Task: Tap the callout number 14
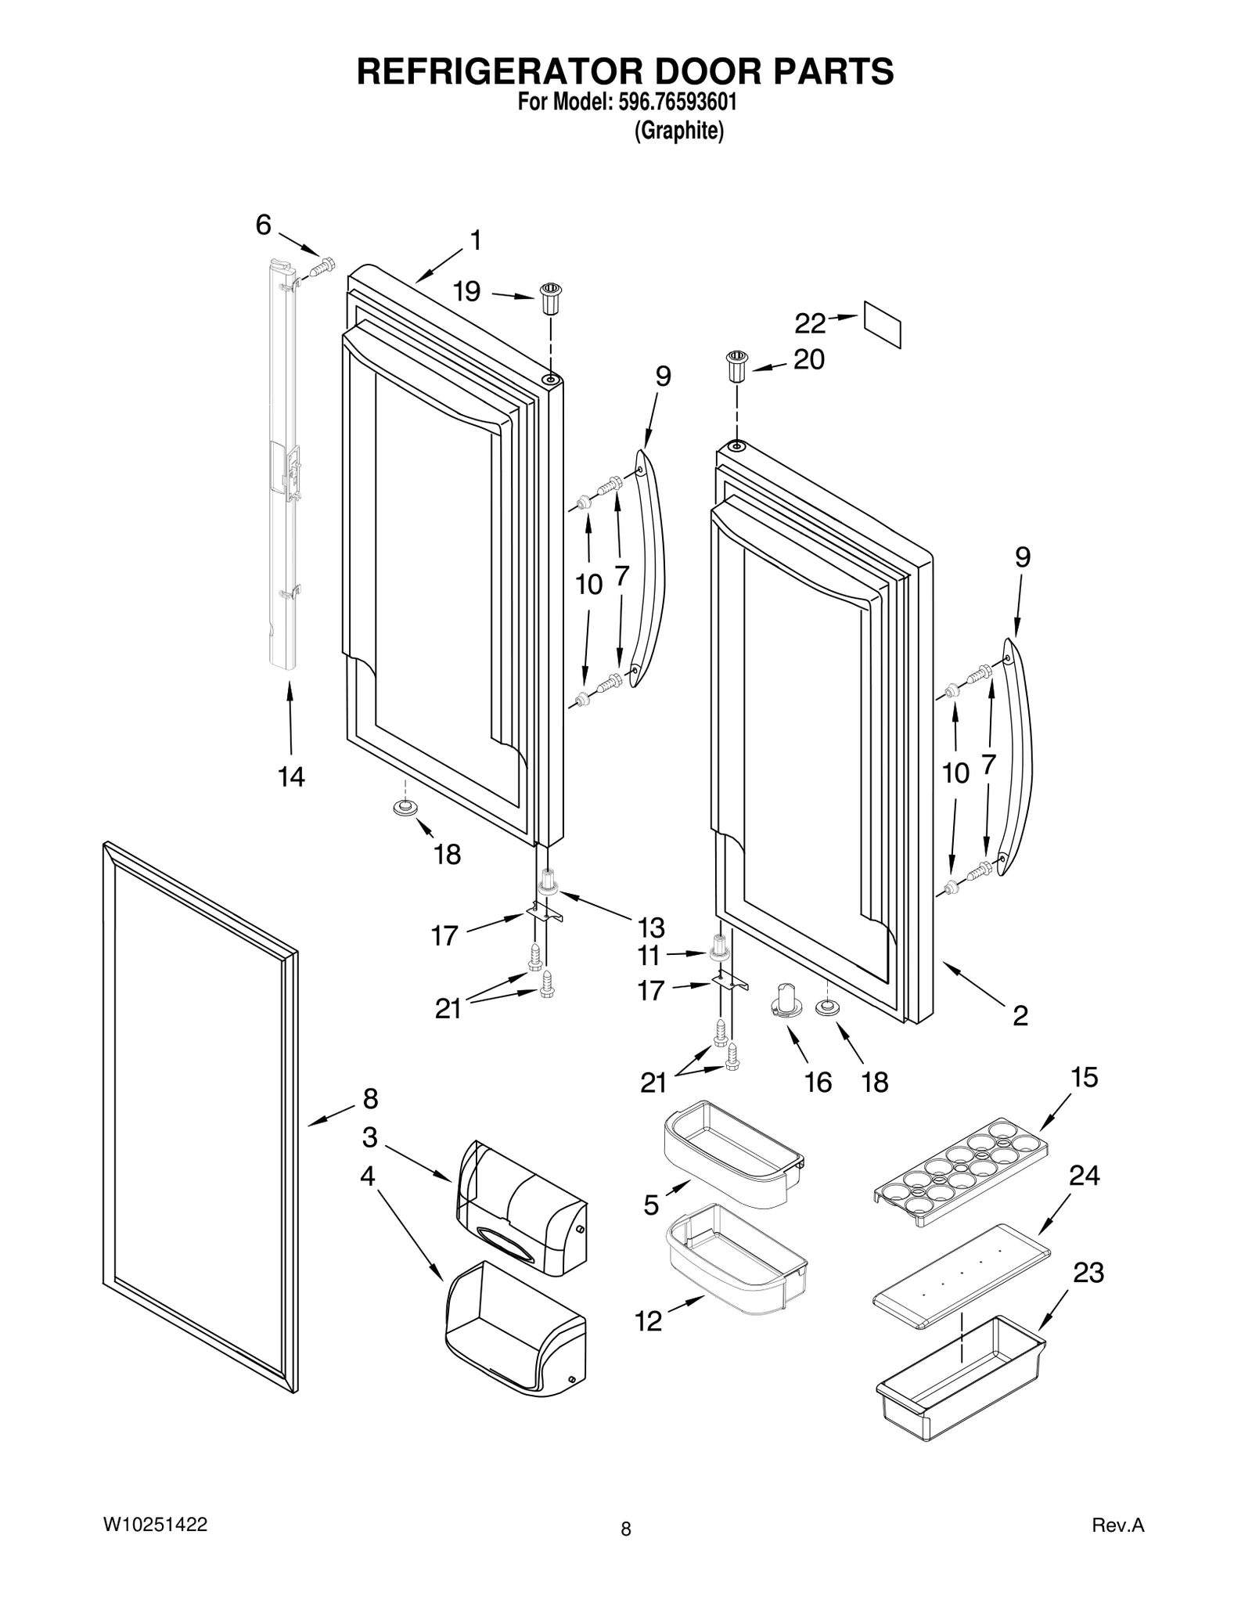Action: tap(291, 776)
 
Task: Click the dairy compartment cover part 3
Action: tap(520, 1209)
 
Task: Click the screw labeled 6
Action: tap(322, 267)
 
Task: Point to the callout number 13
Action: tap(650, 928)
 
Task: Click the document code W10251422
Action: tap(155, 1524)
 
